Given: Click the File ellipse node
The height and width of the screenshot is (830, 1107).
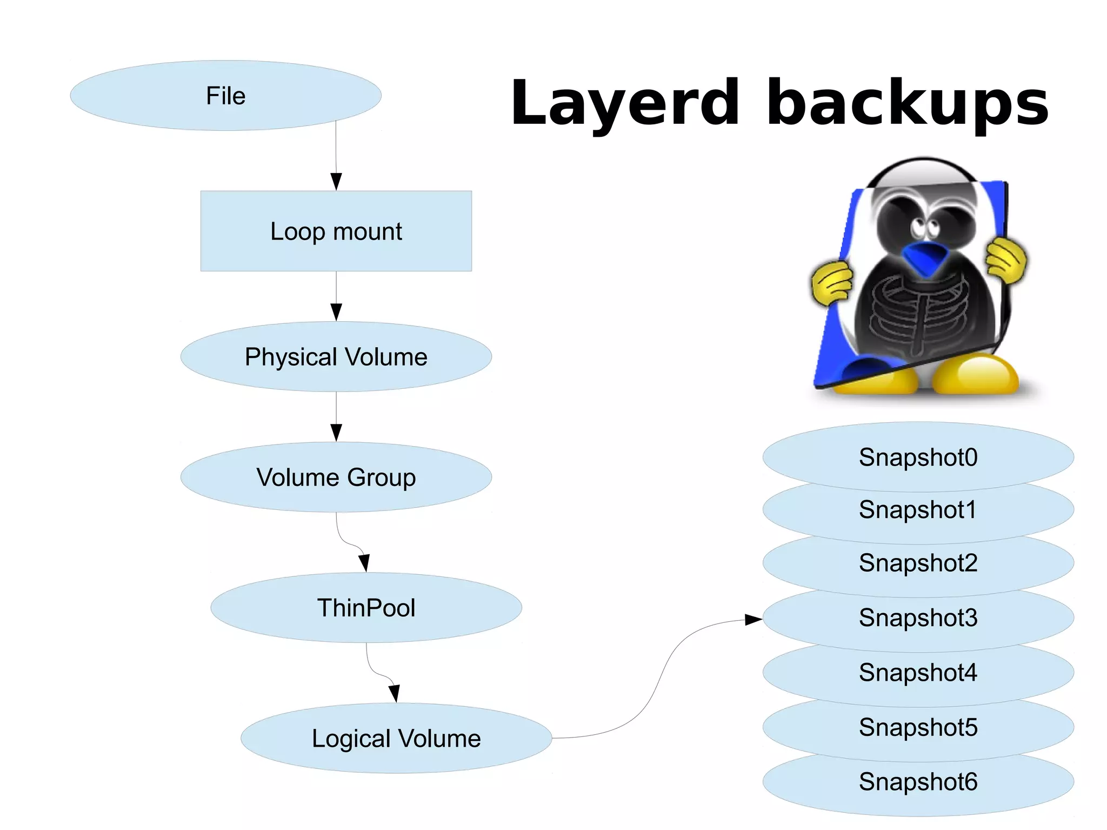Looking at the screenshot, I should [x=225, y=96].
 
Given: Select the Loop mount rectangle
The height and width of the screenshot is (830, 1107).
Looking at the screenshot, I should [x=336, y=231].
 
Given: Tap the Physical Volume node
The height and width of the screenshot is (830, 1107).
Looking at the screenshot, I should [x=336, y=357].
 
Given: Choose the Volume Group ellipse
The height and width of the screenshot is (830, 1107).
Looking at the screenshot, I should [x=336, y=477].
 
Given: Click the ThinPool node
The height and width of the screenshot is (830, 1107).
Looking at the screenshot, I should [x=366, y=608].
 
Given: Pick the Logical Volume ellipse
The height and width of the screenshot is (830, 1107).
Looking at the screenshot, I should [x=396, y=738].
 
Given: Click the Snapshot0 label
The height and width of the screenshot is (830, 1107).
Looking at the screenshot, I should [x=918, y=457].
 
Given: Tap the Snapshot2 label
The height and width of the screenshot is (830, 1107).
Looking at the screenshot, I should [x=918, y=563].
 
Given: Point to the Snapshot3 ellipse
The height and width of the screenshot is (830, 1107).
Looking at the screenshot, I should [x=918, y=618].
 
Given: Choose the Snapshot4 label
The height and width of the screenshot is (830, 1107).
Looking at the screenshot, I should [x=918, y=673].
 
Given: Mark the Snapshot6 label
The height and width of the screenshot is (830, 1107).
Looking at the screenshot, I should [x=918, y=782].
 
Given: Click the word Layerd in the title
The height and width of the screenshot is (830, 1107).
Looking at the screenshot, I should [x=624, y=103].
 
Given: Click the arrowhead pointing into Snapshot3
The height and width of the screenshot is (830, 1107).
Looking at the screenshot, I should [x=753, y=619].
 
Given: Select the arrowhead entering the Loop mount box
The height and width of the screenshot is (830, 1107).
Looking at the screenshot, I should [x=336, y=181].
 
